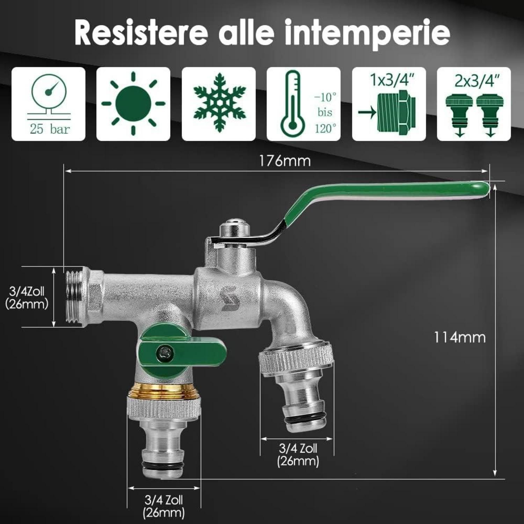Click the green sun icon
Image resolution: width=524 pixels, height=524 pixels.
click(133, 104)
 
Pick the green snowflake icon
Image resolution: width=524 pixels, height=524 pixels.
click(220, 103)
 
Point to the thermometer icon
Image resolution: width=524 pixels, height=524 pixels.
click(293, 104)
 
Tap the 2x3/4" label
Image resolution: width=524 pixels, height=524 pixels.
click(477, 81)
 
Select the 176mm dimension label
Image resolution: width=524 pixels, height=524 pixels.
click(285, 161)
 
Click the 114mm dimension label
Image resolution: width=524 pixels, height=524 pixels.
click(459, 338)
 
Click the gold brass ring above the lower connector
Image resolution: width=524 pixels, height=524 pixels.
click(164, 391)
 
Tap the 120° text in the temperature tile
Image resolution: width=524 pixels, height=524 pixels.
click(326, 129)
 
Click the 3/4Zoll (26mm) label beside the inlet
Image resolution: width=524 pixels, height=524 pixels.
click(27, 298)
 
